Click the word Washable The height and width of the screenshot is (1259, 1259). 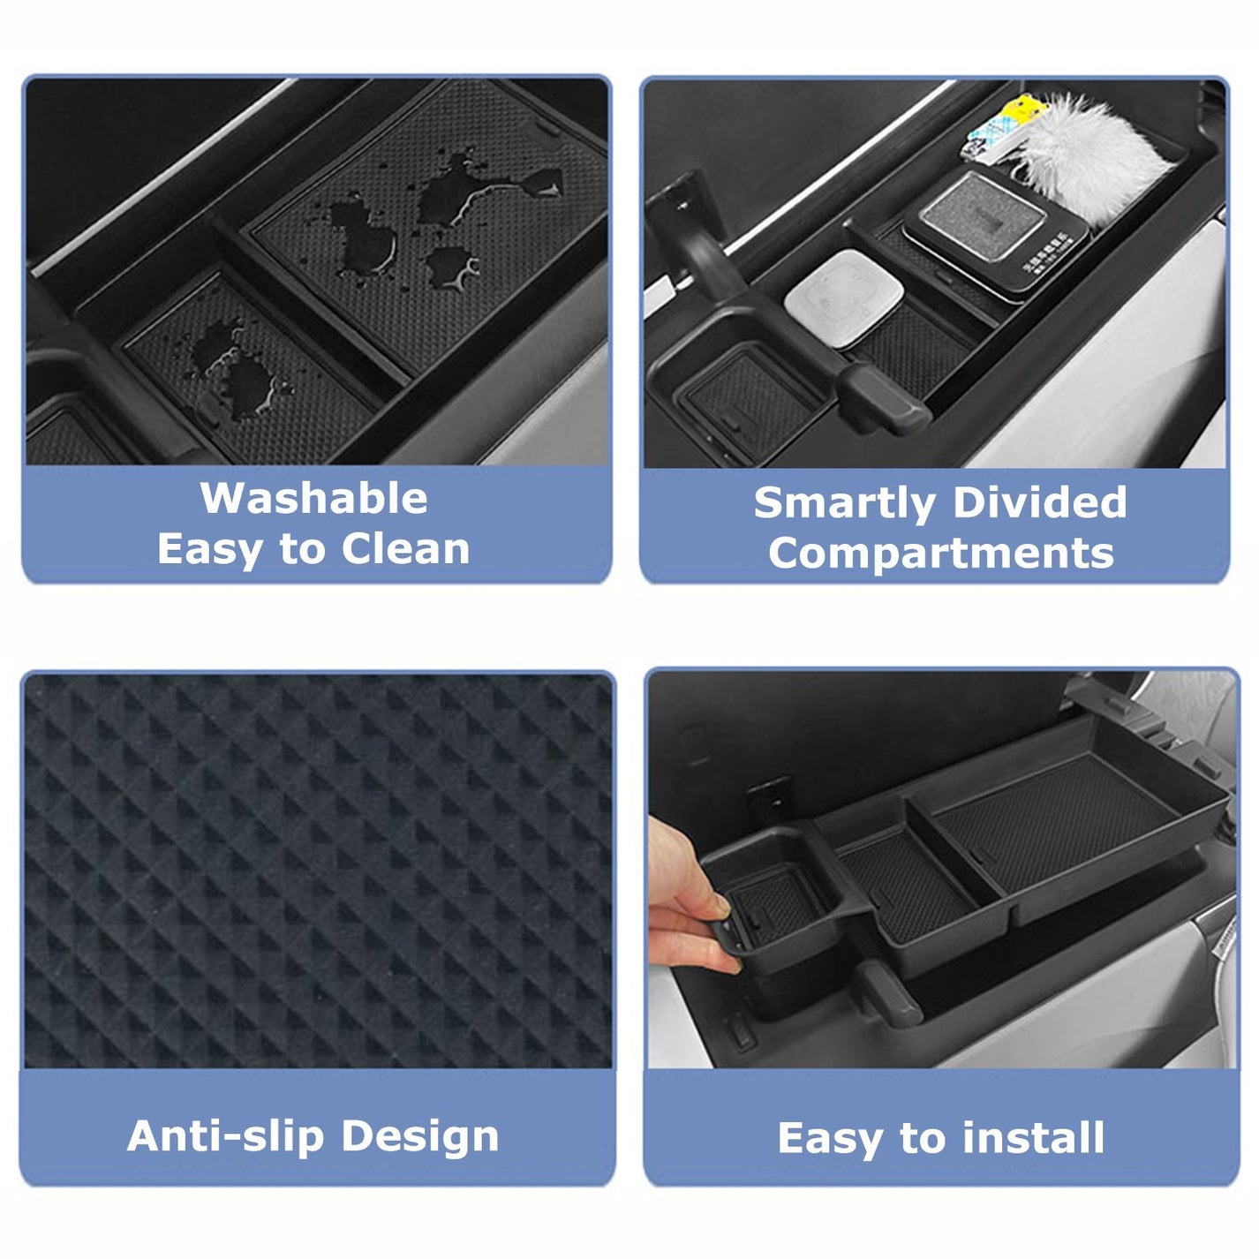(313, 499)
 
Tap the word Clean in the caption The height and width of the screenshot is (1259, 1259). (405, 549)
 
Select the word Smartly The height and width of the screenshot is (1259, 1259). (844, 504)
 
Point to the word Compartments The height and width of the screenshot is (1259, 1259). (941, 554)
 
